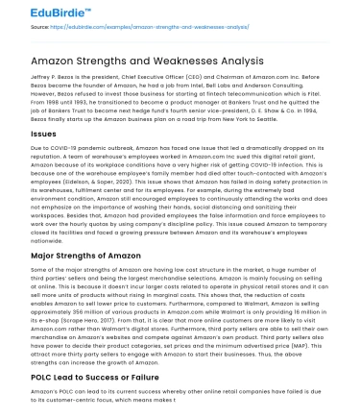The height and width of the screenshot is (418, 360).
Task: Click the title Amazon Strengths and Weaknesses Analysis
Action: pyautogui.click(x=139, y=61)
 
